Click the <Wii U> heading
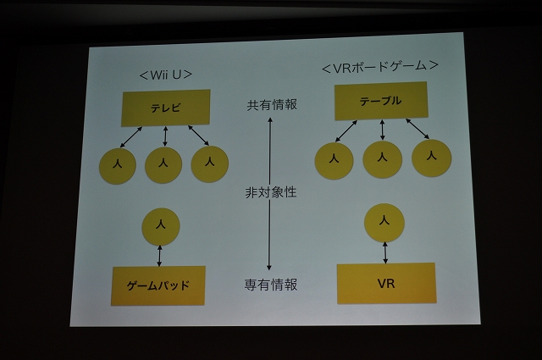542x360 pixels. tap(166, 75)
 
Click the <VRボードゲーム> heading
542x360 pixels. tap(380, 66)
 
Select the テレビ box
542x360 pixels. tap(166, 108)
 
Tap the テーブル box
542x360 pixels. tap(381, 101)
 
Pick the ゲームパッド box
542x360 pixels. tap(158, 285)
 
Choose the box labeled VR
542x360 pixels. tap(386, 283)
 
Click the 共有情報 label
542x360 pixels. tap(272, 105)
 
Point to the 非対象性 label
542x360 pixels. tap(271, 192)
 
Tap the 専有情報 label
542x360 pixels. tap(271, 285)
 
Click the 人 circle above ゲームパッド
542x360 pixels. tap(161, 226)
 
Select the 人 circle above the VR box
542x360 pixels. tap(384, 223)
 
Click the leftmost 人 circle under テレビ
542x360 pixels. tap(118, 166)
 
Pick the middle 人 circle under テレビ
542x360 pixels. tap(163, 165)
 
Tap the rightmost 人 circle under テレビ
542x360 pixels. tap(209, 164)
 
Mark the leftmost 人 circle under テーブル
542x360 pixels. tap(334, 161)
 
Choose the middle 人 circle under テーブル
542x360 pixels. tap(382, 159)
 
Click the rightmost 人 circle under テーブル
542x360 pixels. tap(431, 158)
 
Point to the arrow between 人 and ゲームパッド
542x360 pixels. tap(159, 256)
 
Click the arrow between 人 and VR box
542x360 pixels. tap(385, 252)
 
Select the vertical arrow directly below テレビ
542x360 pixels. tap(165, 136)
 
